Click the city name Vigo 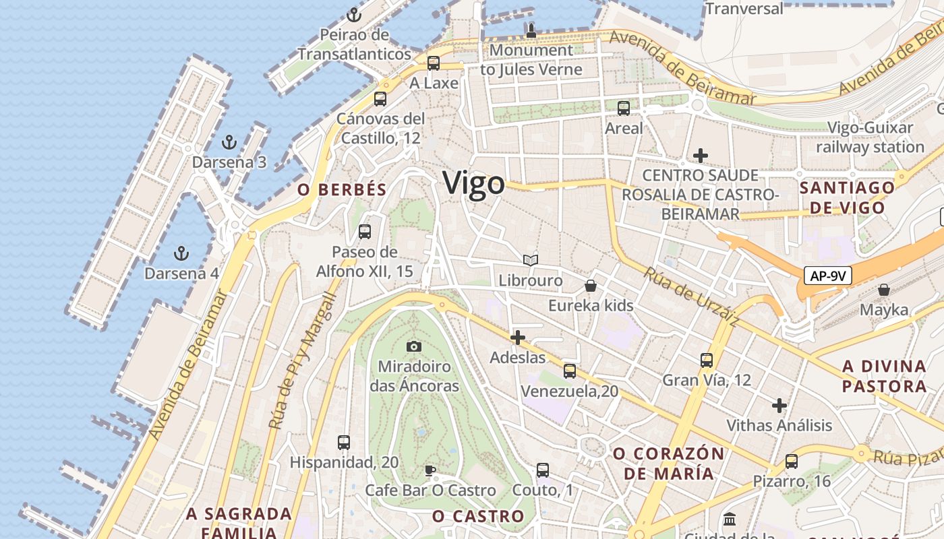click(473, 183)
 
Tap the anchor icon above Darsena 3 click(229, 142)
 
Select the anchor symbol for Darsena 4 click(181, 253)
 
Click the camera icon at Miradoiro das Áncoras click(414, 346)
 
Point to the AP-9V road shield click(828, 276)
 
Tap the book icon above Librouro click(531, 260)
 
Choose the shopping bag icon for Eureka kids click(591, 286)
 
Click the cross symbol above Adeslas click(518, 338)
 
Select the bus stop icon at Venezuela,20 click(570, 371)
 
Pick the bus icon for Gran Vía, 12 click(707, 360)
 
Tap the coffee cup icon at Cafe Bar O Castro click(430, 470)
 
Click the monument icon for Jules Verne click(531, 30)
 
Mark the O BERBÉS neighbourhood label click(342, 190)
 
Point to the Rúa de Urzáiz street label click(690, 298)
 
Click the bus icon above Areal click(624, 108)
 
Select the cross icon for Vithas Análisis click(779, 406)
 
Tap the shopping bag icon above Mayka click(884, 290)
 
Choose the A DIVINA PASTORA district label click(884, 377)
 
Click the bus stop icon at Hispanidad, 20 click(344, 443)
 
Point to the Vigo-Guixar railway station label click(870, 137)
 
